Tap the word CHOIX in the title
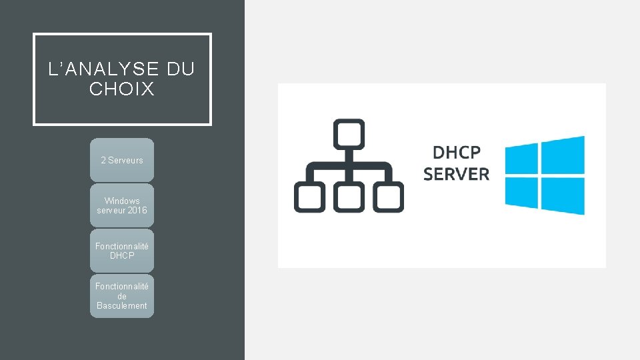tap(122, 89)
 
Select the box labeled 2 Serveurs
tap(122, 160)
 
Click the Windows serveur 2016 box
tap(122, 205)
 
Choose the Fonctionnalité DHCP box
tap(122, 251)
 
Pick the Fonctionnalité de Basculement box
tap(122, 296)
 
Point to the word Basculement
tap(122, 306)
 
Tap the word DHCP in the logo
tap(457, 153)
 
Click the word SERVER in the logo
tap(457, 175)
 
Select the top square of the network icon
tap(349, 134)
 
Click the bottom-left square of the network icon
tap(309, 198)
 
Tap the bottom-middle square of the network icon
tap(349, 198)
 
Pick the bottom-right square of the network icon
tap(388, 198)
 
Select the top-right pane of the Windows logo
tap(563, 155)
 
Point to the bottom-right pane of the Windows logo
tap(563, 195)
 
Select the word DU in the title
tap(181, 69)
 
